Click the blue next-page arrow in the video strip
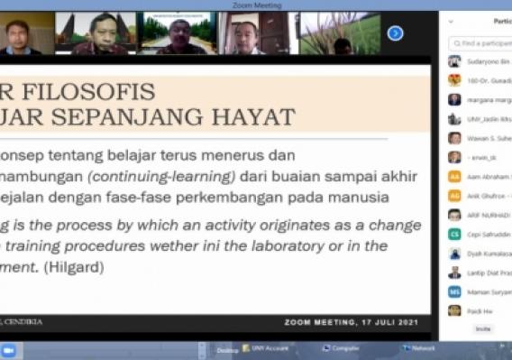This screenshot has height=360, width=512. click(395, 33)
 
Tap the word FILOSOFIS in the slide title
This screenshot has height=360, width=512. click(97, 91)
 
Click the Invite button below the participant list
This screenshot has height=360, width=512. click(483, 329)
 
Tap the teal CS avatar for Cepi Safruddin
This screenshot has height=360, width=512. click(455, 235)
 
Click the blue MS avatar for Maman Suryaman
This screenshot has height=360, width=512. click(455, 292)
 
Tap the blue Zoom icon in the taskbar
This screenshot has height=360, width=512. click(8, 349)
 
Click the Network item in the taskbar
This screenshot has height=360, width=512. click(418, 348)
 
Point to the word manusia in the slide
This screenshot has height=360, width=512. click(365, 197)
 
